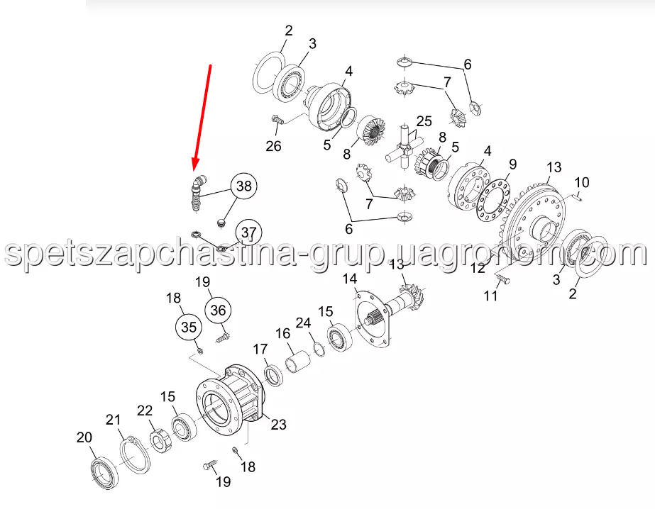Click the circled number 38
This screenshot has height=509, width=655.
click(244, 186)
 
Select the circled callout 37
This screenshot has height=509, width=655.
click(248, 233)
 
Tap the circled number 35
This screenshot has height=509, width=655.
click(188, 327)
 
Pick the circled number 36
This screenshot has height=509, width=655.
click(218, 311)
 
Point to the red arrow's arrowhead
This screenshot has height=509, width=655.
click(195, 164)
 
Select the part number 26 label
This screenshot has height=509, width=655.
click(274, 146)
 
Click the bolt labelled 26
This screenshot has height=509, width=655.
click(277, 120)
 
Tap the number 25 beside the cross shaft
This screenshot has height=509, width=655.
click(424, 121)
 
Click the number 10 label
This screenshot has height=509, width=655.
click(582, 182)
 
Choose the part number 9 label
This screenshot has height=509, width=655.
click(512, 164)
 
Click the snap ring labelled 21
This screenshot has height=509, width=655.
click(136, 455)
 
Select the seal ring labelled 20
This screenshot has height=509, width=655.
click(104, 474)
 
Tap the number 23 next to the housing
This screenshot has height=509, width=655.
click(278, 425)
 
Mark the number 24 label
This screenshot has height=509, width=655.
click(303, 323)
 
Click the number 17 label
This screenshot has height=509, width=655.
click(260, 349)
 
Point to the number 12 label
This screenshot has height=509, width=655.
click(478, 267)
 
